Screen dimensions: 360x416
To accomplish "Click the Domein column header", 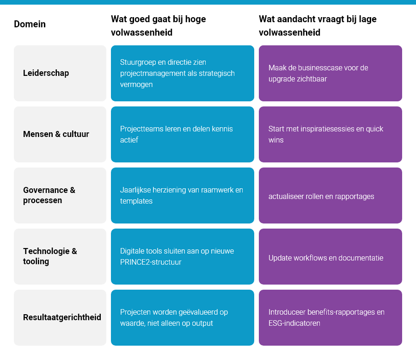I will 30,24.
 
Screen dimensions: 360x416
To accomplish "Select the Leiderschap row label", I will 46,73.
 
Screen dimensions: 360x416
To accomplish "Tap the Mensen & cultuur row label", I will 56,134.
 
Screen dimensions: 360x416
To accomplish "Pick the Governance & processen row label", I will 49,195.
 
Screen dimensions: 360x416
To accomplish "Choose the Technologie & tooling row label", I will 50,256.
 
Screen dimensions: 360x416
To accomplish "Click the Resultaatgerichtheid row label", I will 62,317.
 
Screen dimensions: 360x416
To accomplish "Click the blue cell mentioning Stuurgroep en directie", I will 182,73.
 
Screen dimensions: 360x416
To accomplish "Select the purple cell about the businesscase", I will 330,73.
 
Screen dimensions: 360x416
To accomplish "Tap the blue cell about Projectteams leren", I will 182,134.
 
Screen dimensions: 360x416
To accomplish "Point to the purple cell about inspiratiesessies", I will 330,134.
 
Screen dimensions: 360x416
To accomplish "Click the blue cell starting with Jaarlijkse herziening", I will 182,195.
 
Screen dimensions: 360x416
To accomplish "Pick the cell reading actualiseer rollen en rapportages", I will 330,195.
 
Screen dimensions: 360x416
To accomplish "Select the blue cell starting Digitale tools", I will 182,256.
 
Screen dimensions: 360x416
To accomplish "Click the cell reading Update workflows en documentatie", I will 330,256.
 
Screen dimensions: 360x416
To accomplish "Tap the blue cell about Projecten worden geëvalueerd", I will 182,317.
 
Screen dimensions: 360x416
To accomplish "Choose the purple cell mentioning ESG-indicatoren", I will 330,317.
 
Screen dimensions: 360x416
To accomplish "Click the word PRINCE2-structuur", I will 151,262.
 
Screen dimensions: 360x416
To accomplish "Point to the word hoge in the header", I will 196,19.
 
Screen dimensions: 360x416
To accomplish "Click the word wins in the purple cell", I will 276,140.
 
